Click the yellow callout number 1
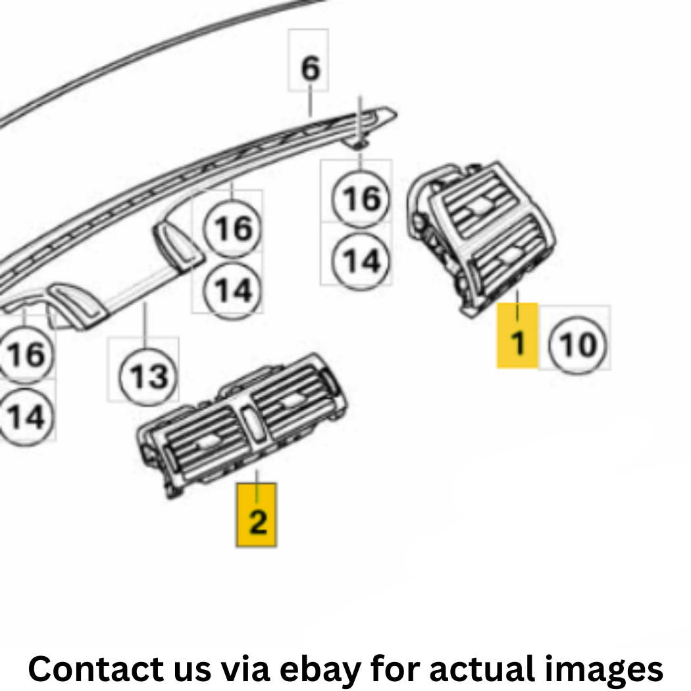[517, 336]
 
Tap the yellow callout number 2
[257, 515]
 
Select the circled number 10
[578, 344]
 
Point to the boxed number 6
[310, 68]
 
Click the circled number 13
[149, 377]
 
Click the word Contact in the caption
[97, 669]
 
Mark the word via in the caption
[245, 669]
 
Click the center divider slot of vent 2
[252, 424]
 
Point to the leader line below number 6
[310, 101]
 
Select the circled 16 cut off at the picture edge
[26, 353]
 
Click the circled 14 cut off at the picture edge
[26, 417]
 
